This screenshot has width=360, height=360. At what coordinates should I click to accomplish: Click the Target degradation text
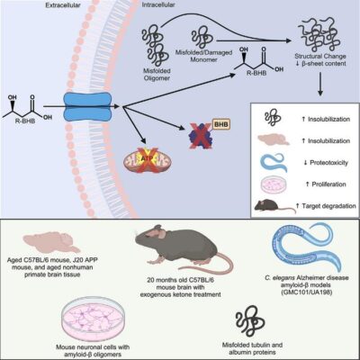click(x=324, y=208)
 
